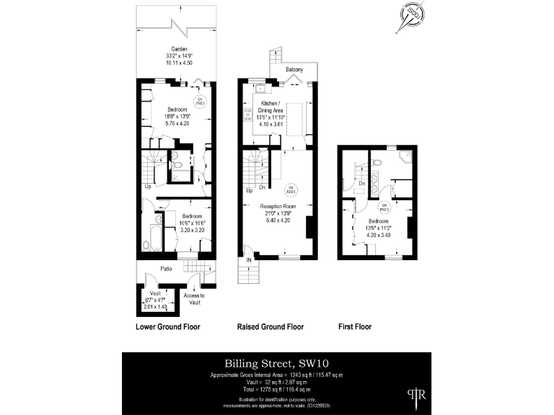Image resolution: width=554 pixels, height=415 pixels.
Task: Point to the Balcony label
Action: coord(294,70)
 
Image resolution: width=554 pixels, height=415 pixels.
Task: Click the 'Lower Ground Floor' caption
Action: coord(167,326)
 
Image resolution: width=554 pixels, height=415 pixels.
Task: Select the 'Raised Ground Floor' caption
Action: coord(271,326)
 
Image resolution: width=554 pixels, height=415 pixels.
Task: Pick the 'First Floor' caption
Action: coord(355,326)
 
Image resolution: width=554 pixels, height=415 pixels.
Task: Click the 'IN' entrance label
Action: coord(248,259)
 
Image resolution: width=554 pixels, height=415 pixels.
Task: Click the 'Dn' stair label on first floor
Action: coord(361,184)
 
